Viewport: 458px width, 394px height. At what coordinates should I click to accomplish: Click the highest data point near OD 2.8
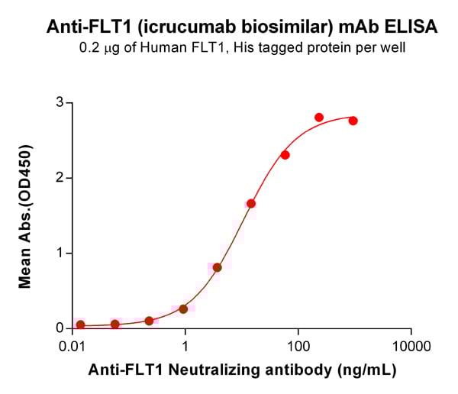(x=319, y=118)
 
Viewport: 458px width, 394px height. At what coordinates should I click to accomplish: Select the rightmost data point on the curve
(x=353, y=121)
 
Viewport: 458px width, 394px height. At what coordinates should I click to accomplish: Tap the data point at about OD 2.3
(x=285, y=155)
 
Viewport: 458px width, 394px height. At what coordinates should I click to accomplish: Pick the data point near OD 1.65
(x=251, y=204)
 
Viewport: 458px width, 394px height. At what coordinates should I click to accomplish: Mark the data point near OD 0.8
(x=218, y=267)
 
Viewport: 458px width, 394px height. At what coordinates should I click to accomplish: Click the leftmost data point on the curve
(x=81, y=325)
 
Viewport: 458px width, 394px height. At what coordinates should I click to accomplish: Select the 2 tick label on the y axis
(x=59, y=178)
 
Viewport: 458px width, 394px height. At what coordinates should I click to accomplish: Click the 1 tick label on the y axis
(x=59, y=253)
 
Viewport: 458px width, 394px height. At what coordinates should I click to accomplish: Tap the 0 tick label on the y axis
(x=59, y=328)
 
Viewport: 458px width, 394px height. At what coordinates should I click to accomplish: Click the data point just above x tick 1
(x=183, y=309)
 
